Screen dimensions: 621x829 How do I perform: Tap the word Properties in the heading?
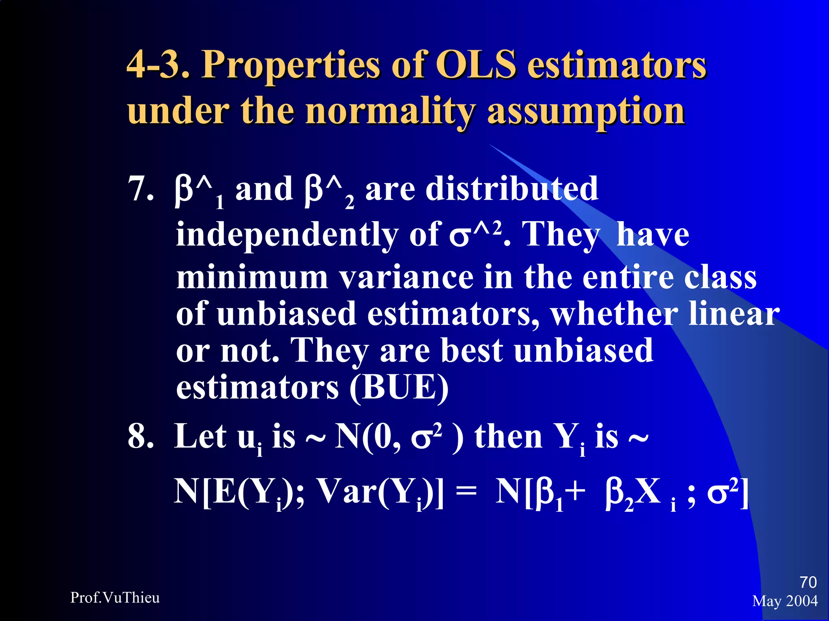pyautogui.click(x=291, y=65)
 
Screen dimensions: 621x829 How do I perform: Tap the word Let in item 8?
pyautogui.click(x=200, y=437)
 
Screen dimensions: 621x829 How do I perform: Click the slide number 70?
pyautogui.click(x=808, y=583)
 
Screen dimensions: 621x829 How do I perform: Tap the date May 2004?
pyautogui.click(x=785, y=601)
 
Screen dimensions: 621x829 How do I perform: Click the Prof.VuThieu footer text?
pyautogui.click(x=115, y=598)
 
